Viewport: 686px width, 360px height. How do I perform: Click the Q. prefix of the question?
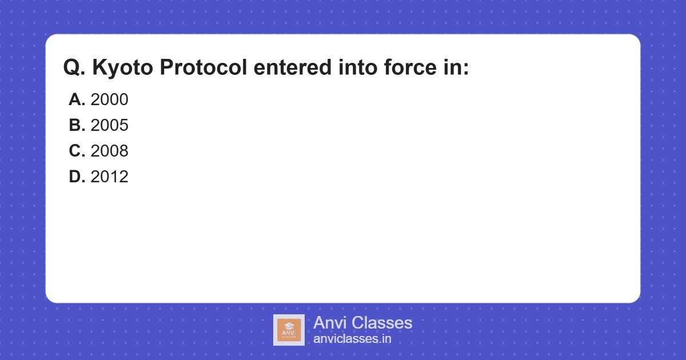(74, 68)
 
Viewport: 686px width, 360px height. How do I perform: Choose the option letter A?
(77, 99)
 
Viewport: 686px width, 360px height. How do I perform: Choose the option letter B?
(77, 125)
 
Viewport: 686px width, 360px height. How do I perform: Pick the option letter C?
(77, 151)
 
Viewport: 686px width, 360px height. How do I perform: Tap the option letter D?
(77, 177)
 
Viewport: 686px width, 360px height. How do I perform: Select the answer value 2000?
(109, 99)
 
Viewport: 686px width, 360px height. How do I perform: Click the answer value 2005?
(109, 125)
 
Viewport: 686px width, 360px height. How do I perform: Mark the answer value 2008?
(109, 151)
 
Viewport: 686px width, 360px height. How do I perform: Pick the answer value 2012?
(109, 177)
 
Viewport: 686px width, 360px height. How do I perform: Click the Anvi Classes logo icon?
(289, 330)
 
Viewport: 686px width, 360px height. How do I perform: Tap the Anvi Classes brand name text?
(362, 323)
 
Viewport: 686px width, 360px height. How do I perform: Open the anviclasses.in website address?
(352, 338)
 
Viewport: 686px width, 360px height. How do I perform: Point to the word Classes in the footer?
(381, 323)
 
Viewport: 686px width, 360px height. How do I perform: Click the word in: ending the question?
(457, 68)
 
